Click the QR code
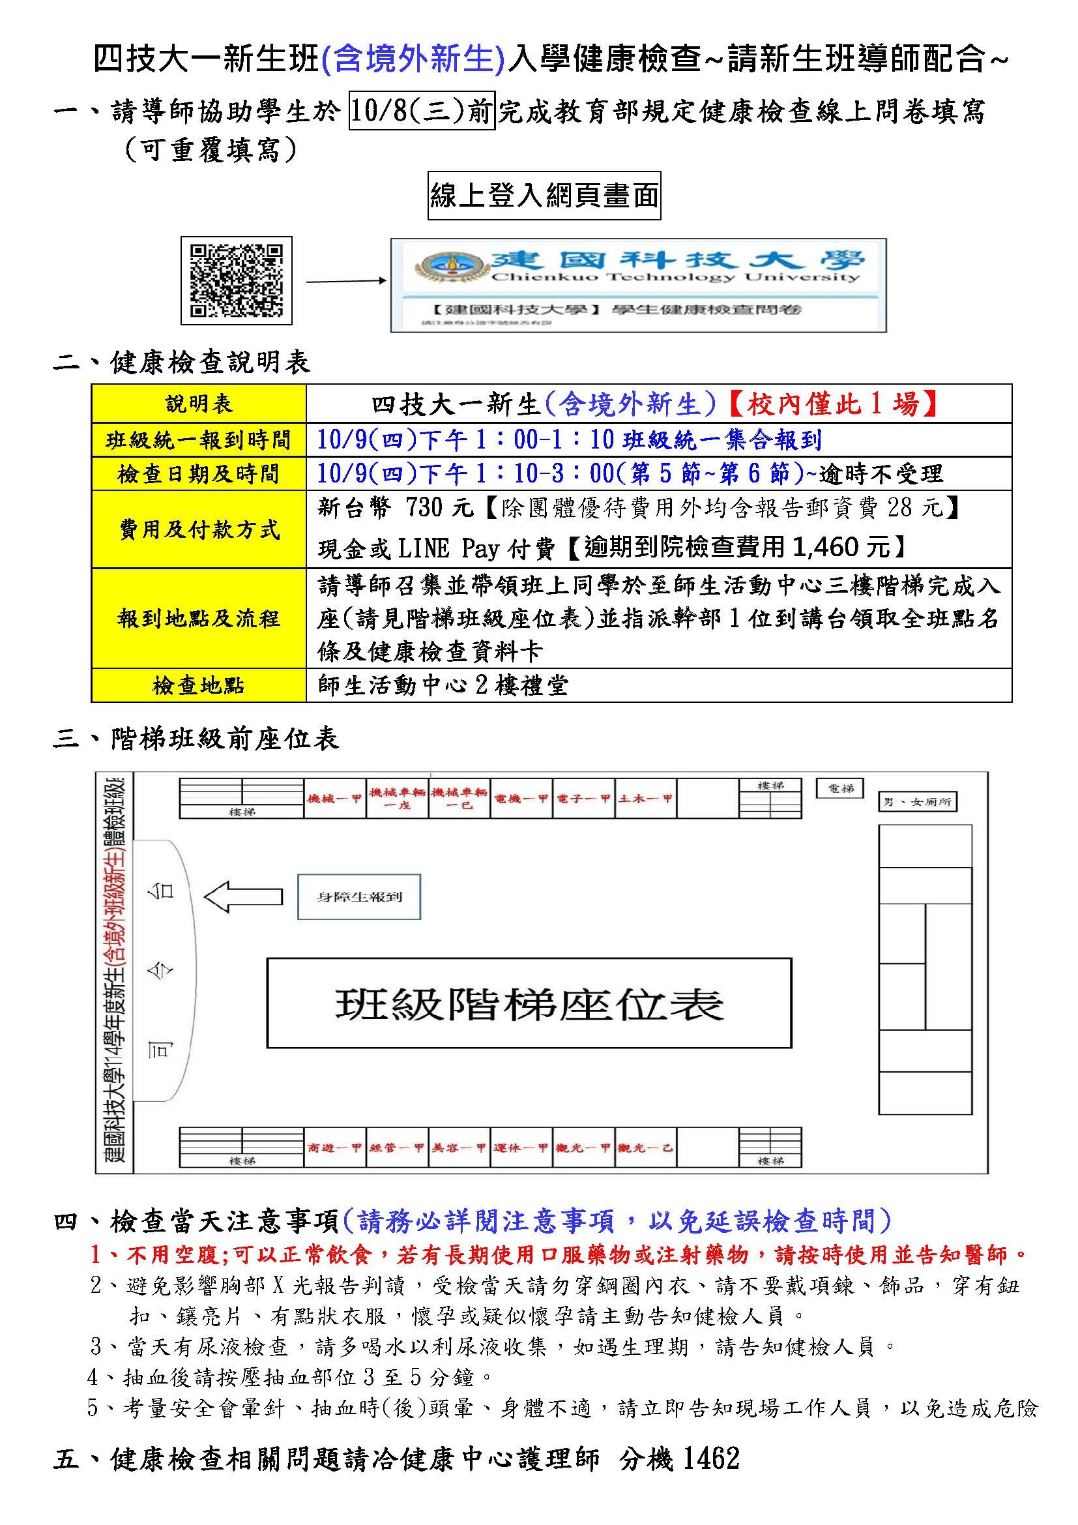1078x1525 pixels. (x=237, y=280)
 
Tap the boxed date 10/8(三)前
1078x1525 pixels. (x=422, y=111)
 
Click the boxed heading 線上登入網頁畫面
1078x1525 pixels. (x=544, y=196)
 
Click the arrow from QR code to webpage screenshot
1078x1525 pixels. (x=345, y=281)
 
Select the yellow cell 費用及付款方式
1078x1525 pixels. (x=199, y=529)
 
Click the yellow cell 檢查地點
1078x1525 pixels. (x=199, y=685)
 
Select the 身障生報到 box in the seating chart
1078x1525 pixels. (x=359, y=896)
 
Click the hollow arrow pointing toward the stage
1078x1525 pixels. (x=242, y=896)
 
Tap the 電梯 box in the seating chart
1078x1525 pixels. (x=840, y=788)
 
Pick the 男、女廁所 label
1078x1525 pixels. (x=918, y=803)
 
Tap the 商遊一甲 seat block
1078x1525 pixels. (x=334, y=1147)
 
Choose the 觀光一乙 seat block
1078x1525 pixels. (x=645, y=1147)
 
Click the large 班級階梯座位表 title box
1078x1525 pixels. (x=529, y=1003)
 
